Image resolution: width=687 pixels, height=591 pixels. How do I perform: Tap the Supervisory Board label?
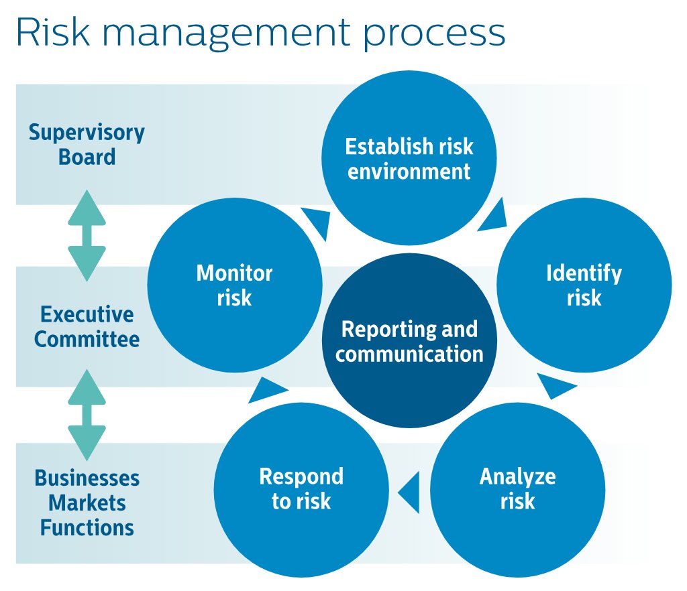(x=87, y=145)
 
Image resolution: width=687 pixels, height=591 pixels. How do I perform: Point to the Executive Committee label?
(x=87, y=326)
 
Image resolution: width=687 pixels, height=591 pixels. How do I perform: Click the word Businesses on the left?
(x=87, y=478)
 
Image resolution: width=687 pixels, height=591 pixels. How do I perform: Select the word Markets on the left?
(x=87, y=503)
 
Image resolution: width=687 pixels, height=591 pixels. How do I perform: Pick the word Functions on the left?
(x=87, y=527)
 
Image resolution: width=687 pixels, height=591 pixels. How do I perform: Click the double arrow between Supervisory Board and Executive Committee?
(x=87, y=235)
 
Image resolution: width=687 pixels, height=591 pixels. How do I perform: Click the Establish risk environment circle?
(x=409, y=158)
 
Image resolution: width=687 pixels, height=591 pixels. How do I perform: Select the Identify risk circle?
(x=584, y=285)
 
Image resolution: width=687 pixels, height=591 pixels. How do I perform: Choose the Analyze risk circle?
(x=517, y=489)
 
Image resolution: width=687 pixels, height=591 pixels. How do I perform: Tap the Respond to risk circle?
(x=301, y=489)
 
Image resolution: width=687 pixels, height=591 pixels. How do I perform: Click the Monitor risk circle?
(x=234, y=285)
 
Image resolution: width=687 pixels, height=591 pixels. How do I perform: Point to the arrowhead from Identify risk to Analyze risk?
(x=556, y=386)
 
